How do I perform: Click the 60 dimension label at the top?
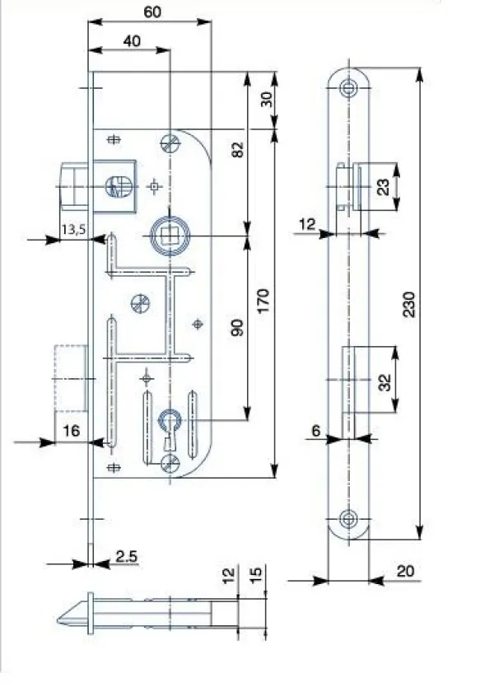(152, 12)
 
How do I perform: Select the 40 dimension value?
(132, 41)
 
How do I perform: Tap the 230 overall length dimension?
(408, 304)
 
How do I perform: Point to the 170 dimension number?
(263, 301)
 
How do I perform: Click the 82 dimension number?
(237, 150)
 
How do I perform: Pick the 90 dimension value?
(237, 328)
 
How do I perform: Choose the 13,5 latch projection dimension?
(73, 229)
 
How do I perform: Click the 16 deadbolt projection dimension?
(72, 431)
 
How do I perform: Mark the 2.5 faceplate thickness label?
(127, 556)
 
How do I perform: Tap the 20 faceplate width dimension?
(406, 571)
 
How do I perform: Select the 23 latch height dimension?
(383, 187)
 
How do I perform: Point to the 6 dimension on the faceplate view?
(316, 431)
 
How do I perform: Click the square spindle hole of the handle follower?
(168, 236)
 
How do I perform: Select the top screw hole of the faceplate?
(348, 88)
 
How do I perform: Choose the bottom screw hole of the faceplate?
(348, 519)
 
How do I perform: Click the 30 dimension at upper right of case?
(266, 100)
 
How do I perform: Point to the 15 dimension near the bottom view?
(257, 573)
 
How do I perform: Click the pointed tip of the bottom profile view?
(58, 620)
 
